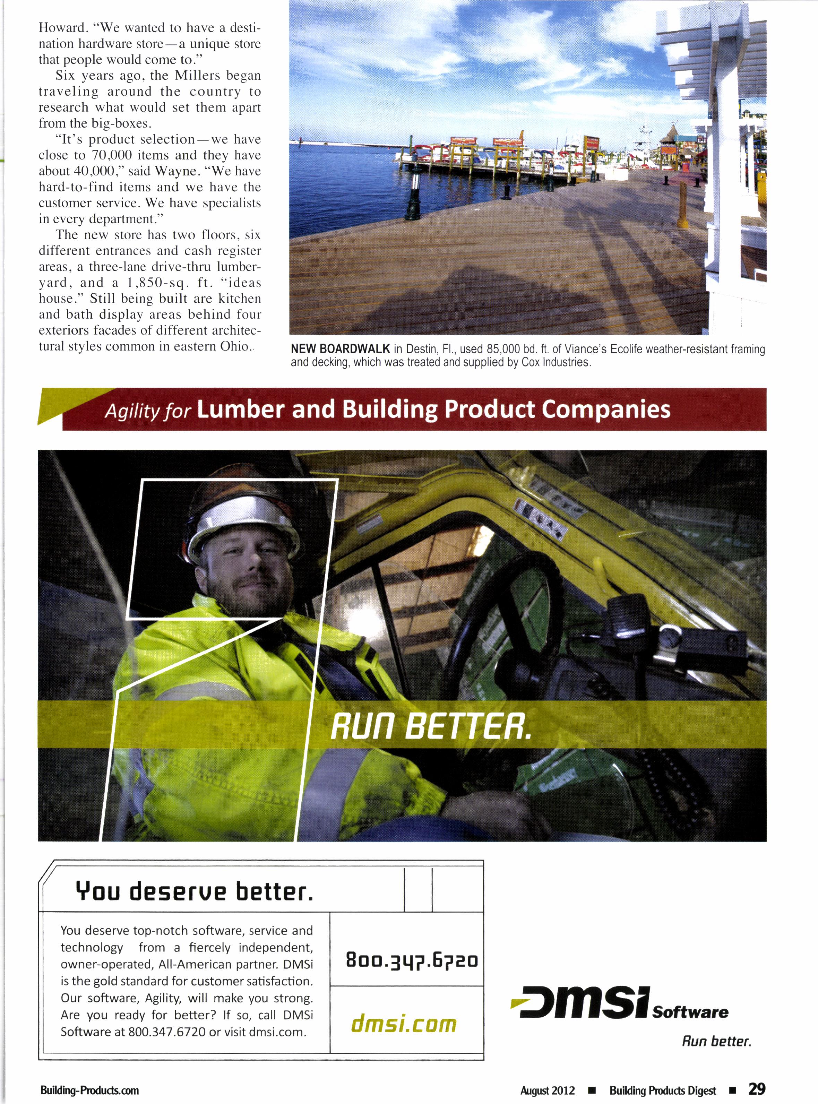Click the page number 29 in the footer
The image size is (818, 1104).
(x=757, y=1089)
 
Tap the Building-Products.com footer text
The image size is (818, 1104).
(x=89, y=1090)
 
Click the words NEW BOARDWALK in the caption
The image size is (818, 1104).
(x=340, y=350)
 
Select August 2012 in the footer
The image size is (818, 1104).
(x=547, y=1090)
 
